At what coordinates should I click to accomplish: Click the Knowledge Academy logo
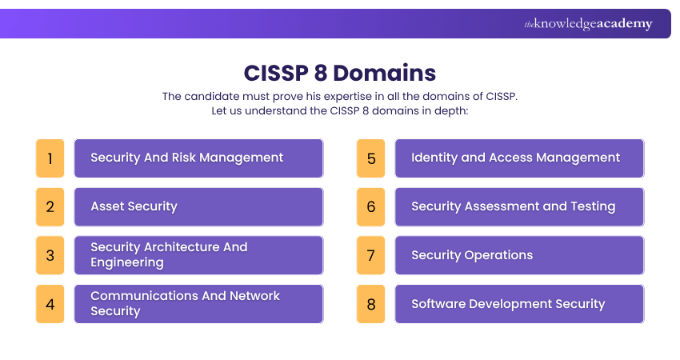click(x=588, y=24)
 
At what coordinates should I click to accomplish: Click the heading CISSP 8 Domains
click(x=340, y=73)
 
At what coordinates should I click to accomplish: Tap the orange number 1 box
click(x=50, y=158)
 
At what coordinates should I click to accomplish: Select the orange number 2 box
click(x=50, y=206)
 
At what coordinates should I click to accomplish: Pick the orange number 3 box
click(x=50, y=255)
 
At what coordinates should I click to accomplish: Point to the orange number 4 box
click(x=50, y=304)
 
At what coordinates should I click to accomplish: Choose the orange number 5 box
click(x=370, y=158)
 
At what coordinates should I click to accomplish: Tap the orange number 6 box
click(x=370, y=206)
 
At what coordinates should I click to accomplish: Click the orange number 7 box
click(x=370, y=255)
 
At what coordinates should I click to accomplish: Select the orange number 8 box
click(x=370, y=304)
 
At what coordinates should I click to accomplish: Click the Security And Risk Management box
click(x=198, y=158)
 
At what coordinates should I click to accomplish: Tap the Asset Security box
click(x=198, y=206)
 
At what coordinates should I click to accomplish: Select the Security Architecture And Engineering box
click(x=198, y=255)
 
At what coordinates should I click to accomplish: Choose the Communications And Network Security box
click(x=198, y=304)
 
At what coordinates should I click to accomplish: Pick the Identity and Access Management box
click(x=519, y=158)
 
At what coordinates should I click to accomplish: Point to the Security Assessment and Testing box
click(x=519, y=206)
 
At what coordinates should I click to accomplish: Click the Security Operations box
click(x=519, y=255)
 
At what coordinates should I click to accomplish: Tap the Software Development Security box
click(x=519, y=304)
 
